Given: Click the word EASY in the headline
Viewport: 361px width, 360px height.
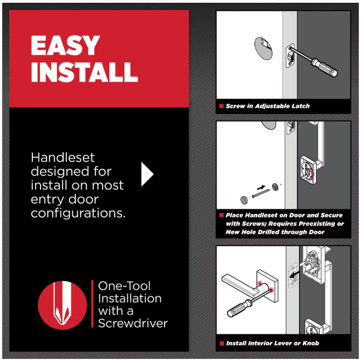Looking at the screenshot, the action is (65, 45).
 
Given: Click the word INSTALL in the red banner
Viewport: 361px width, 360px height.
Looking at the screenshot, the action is (84, 72).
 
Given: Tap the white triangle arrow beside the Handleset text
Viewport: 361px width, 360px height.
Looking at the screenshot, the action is (148, 174).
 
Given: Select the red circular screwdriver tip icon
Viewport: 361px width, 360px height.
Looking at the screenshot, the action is (63, 305).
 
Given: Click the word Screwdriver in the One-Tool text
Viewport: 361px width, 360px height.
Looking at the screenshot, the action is (133, 323).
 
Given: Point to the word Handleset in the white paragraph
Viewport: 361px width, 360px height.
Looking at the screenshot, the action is (63, 158).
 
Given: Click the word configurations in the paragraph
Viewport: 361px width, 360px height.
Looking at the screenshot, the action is (78, 214).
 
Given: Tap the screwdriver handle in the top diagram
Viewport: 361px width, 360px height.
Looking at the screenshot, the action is (325, 67).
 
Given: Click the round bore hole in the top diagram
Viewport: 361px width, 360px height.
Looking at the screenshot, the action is (263, 49).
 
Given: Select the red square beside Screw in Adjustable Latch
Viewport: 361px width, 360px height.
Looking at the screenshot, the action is (222, 106).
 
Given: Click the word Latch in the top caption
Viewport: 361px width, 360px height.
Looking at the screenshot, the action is (301, 106).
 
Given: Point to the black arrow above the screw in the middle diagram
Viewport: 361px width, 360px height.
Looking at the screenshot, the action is (261, 187).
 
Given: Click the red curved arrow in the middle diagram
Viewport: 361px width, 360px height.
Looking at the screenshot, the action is (312, 174).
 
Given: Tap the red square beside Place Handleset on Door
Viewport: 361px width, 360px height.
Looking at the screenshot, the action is (222, 215).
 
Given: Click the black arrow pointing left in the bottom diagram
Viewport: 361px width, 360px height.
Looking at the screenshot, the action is (295, 274).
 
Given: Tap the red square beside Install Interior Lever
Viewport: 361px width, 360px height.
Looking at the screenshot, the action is (222, 343).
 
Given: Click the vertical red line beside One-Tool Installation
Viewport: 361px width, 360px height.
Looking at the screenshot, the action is (92, 304).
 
